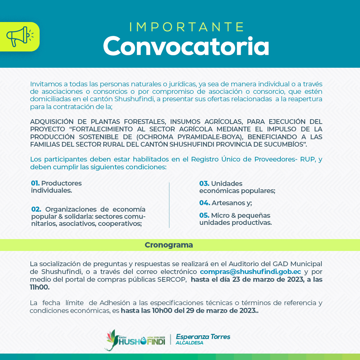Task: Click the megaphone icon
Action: coord(20,37)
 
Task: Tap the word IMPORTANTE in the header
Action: coord(187,27)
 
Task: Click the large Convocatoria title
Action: coord(186,46)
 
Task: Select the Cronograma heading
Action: coord(169,245)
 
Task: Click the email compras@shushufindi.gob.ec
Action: coord(250,272)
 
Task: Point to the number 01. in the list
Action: coord(35,183)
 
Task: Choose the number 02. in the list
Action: coord(36,209)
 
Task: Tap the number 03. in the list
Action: coord(204,184)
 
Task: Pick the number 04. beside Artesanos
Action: coord(204,203)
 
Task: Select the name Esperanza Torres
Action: coord(203,337)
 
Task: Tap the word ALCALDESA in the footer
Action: coord(189,343)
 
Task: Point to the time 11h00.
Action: coord(40,287)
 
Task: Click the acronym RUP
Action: coord(307,160)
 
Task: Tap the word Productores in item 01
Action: coord(61,183)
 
